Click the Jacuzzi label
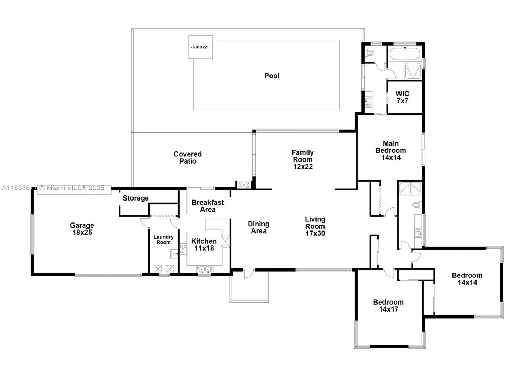[200, 47]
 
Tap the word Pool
[272, 76]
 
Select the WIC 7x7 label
[402, 97]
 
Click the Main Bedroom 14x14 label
[390, 151]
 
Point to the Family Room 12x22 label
[303, 159]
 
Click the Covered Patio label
[188, 158]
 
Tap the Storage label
[136, 198]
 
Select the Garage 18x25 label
[82, 229]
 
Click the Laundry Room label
[163, 240]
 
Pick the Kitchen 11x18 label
[204, 245]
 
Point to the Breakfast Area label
[208, 206]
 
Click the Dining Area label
[259, 227]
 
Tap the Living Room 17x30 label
[315, 226]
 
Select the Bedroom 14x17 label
[388, 306]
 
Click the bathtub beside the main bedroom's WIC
[405, 54]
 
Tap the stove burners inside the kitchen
[183, 249]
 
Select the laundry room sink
[174, 254]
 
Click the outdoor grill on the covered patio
[244, 185]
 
